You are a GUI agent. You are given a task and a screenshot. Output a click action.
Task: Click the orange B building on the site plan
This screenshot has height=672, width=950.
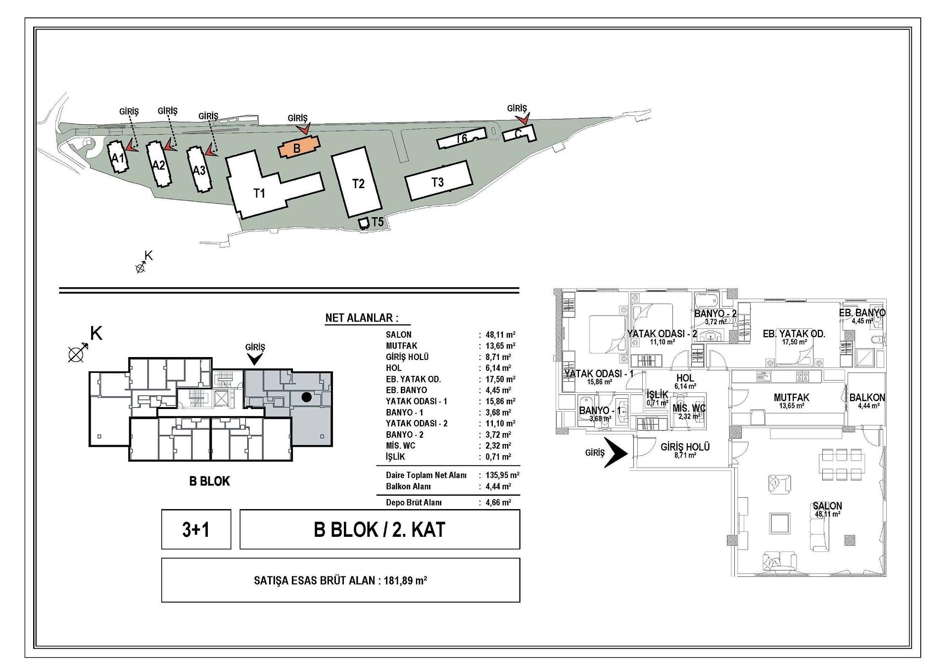click(299, 147)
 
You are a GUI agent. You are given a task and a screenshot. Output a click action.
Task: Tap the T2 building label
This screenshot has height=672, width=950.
click(358, 184)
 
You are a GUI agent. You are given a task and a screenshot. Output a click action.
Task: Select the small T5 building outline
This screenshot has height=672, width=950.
click(364, 224)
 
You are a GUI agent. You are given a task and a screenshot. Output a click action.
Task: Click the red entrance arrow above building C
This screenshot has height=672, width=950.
click(522, 118)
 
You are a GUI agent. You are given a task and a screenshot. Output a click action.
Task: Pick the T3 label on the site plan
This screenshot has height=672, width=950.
click(437, 182)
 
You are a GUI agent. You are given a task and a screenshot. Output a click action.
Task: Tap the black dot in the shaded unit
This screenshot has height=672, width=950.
click(307, 397)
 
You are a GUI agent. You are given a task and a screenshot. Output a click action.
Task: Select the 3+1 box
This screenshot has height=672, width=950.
click(196, 529)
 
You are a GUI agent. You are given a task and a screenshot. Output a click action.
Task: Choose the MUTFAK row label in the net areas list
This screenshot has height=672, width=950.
click(401, 346)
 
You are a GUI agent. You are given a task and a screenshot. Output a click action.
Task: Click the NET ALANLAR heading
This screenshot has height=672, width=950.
click(362, 318)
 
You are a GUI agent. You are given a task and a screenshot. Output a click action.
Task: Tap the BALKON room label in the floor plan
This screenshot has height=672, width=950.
click(867, 398)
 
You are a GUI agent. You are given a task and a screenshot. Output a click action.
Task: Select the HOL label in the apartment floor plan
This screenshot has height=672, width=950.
click(685, 378)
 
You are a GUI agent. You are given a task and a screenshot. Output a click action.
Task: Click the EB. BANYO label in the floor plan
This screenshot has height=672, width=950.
click(862, 313)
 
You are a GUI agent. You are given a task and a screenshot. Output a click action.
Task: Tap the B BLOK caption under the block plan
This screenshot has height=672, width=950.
click(209, 481)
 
